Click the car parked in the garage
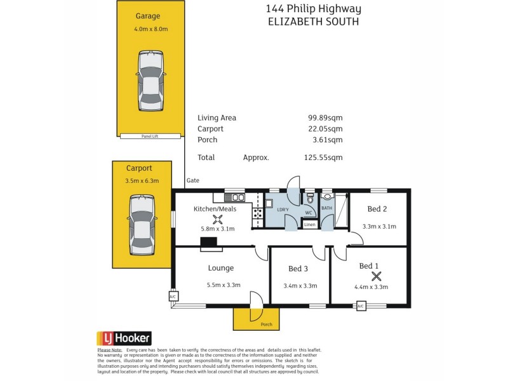point(150,81)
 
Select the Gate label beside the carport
point(193,181)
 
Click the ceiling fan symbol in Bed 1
point(377,276)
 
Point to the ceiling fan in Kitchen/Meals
point(218,219)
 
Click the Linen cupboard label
point(309,225)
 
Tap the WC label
point(309,213)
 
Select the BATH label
point(327,208)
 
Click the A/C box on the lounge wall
point(172,297)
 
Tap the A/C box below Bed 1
point(361,306)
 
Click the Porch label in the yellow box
point(267,324)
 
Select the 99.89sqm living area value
point(325,118)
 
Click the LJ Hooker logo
point(124,338)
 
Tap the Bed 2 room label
point(377,210)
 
